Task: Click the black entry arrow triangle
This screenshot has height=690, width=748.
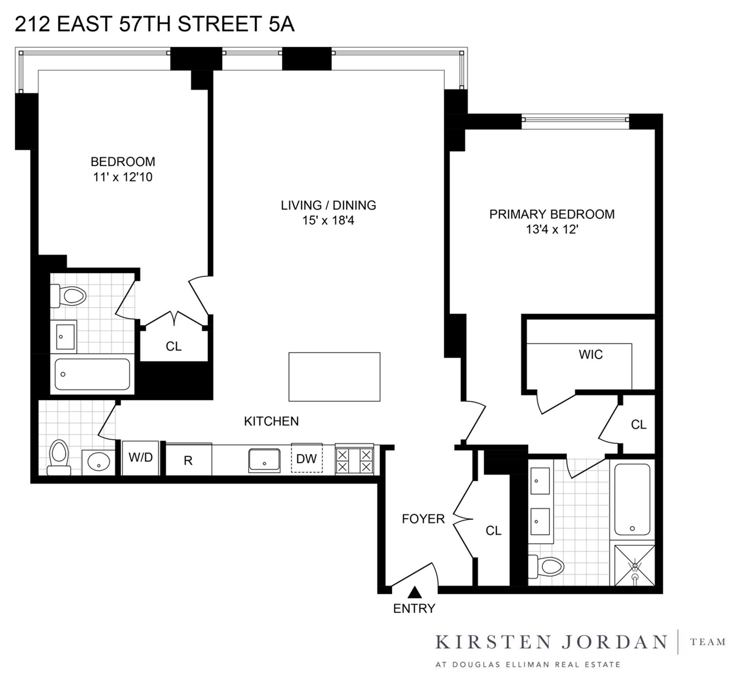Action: tap(415, 593)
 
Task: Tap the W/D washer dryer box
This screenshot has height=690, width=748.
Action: tap(140, 458)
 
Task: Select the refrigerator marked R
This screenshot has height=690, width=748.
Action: tap(189, 460)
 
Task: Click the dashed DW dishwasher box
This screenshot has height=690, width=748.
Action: tap(307, 459)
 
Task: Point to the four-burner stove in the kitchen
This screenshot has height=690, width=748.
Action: tap(354, 460)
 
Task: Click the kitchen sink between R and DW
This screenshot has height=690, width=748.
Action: tap(265, 460)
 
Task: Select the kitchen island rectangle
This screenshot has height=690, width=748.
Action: tap(334, 377)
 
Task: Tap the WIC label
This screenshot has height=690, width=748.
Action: tap(591, 354)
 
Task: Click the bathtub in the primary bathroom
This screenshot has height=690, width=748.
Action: tap(632, 499)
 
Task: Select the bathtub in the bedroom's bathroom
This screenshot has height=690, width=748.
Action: tap(92, 374)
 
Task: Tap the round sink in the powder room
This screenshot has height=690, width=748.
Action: tap(99, 462)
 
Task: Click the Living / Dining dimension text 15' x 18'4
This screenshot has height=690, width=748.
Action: tap(328, 221)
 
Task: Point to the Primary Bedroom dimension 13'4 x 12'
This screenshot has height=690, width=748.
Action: tap(552, 230)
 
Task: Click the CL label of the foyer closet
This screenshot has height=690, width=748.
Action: tap(493, 531)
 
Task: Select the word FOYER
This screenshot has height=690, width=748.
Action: tap(423, 519)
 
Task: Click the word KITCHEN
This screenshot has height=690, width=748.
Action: tap(271, 421)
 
